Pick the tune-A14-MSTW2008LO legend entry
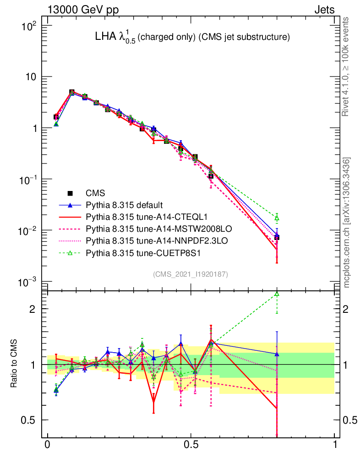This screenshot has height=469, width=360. [x=142, y=228]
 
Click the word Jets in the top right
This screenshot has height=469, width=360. [x=324, y=9]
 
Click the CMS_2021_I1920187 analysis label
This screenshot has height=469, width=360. [x=191, y=274]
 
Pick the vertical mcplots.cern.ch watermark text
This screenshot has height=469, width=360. [x=347, y=223]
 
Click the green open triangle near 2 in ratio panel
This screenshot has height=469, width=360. [x=277, y=294]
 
